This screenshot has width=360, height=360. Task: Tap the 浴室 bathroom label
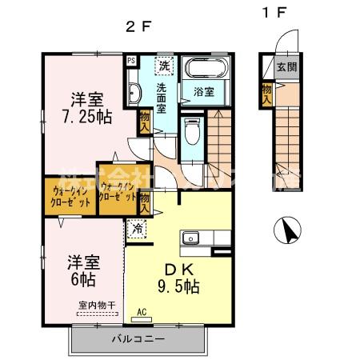pos(204,90)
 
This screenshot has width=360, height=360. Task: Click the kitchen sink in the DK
pos(191,238)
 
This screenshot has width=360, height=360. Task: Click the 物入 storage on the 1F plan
pos(266,94)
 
